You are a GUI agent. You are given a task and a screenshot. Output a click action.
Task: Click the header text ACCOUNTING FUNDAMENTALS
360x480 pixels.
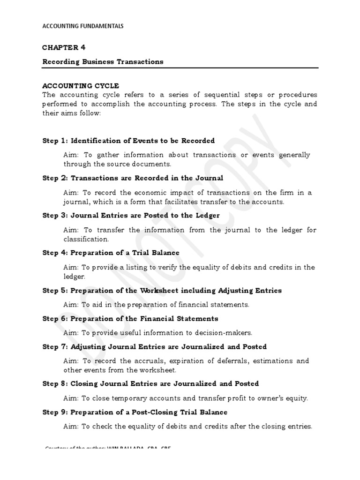click(x=83, y=26)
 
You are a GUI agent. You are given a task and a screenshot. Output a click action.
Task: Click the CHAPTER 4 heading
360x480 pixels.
click(x=64, y=47)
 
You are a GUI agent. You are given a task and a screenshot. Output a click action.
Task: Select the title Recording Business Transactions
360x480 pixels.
click(x=103, y=61)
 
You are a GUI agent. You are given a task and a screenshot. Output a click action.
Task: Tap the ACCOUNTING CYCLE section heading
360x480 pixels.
click(x=81, y=86)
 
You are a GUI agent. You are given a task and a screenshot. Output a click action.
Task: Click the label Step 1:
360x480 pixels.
click(x=55, y=141)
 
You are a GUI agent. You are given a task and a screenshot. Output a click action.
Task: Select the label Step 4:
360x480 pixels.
click(x=55, y=253)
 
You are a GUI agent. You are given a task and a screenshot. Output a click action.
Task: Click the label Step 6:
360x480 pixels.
click(x=55, y=319)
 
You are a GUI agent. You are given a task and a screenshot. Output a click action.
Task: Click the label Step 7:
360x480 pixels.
click(x=55, y=347)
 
